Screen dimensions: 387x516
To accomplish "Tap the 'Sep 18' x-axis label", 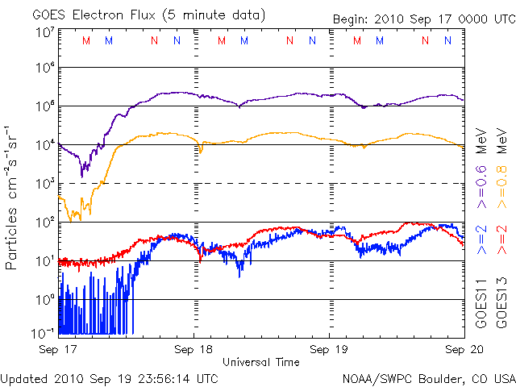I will pos(194,350).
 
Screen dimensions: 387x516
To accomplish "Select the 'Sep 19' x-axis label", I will pos(329,350).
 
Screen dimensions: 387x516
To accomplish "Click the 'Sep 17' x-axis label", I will pos(58,350).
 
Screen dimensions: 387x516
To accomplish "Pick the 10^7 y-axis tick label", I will pos(44,33).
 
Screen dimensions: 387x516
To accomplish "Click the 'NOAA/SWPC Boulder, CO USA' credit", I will pos(428,377).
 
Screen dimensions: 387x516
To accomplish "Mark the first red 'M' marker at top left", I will pos(87,40).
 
